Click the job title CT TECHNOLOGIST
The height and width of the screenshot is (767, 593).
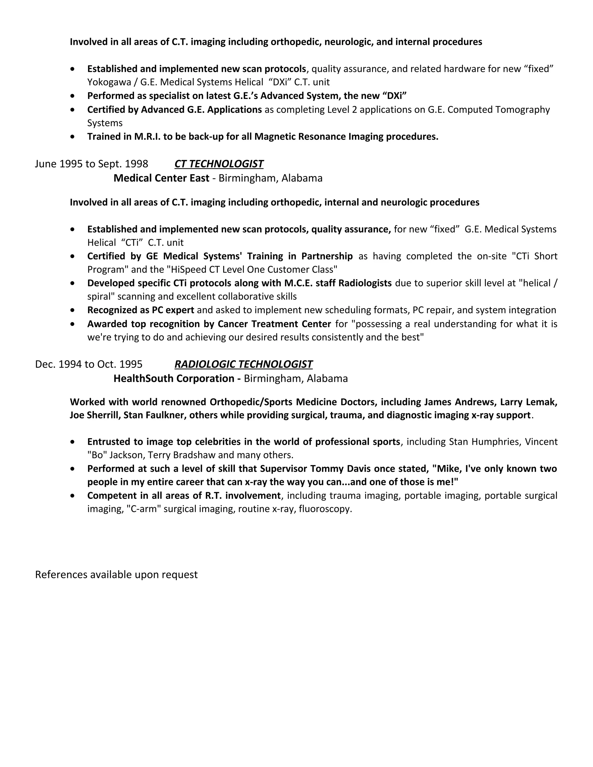(219, 164)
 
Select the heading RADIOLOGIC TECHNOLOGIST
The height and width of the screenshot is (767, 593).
(244, 364)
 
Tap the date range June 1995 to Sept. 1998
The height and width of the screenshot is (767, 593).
(91, 164)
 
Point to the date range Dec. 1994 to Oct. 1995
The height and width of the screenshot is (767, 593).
(89, 364)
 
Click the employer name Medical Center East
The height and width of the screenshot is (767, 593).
(161, 178)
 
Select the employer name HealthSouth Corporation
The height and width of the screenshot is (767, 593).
(174, 379)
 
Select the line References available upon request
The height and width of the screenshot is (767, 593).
(116, 575)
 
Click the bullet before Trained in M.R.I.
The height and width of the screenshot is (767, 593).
(73, 137)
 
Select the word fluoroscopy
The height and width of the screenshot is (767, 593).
(325, 509)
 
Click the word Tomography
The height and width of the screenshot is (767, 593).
(522, 110)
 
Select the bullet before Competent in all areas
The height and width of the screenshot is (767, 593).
(73, 496)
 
